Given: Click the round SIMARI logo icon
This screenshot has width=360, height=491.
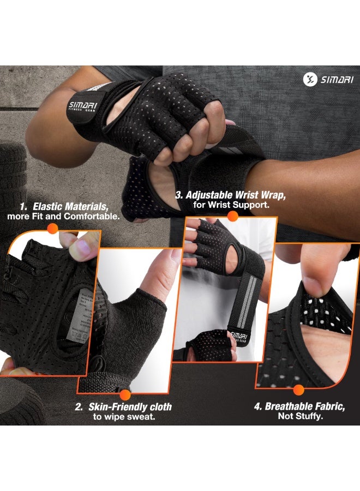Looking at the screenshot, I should coord(309,79).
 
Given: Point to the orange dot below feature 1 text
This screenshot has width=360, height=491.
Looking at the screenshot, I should coord(53,229).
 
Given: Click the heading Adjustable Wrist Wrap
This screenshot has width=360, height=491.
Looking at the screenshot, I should coord(231,195).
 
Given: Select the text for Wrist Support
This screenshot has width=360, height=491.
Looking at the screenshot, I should coord(231,205).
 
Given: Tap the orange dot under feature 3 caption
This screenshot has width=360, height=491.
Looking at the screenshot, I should coord(232,216).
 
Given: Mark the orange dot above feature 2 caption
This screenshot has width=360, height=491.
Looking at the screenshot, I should coord(125,394).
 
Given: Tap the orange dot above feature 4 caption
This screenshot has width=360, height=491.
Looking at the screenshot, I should coord(298,390).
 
